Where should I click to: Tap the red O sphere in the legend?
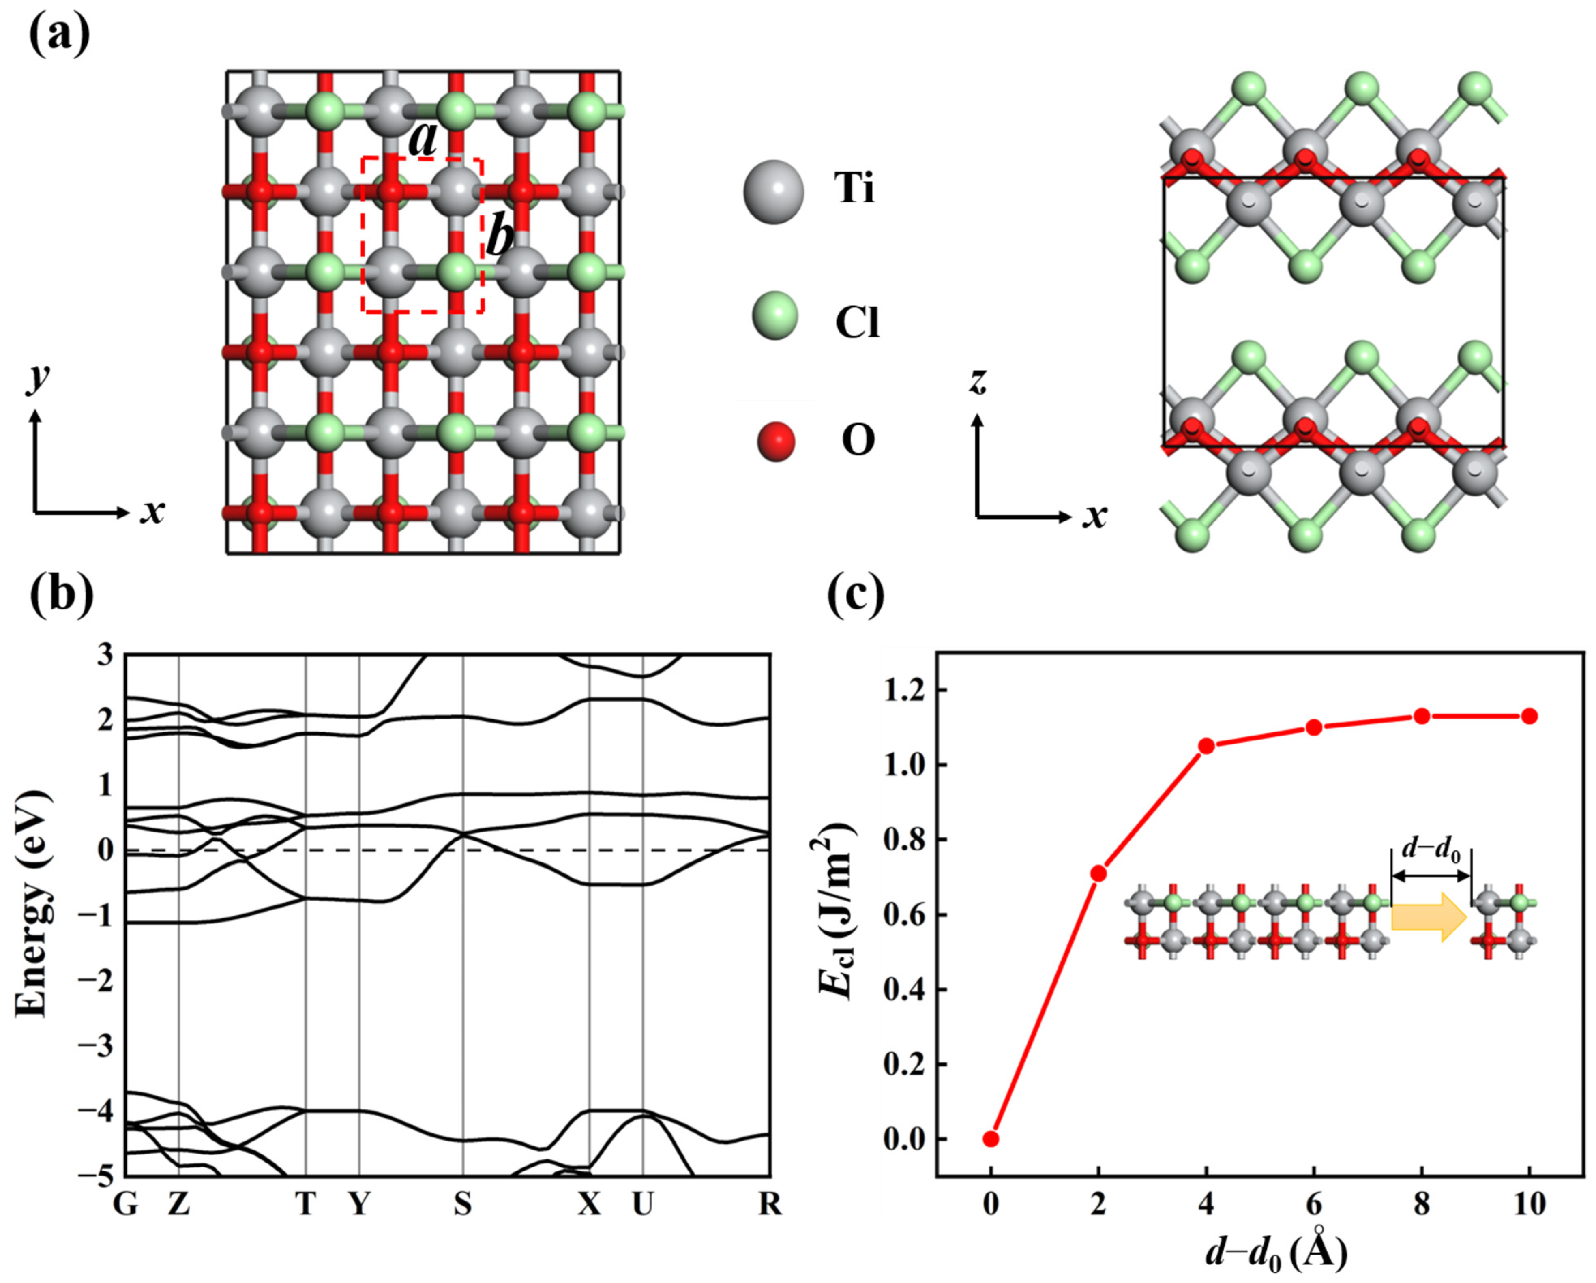pyautogui.click(x=775, y=441)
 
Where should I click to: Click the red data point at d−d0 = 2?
pyautogui.click(x=1098, y=873)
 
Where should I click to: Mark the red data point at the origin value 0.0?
pyautogui.click(x=991, y=1139)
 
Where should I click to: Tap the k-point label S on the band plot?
pyautogui.click(x=463, y=1204)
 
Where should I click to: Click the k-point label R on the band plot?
pyautogui.click(x=770, y=1204)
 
